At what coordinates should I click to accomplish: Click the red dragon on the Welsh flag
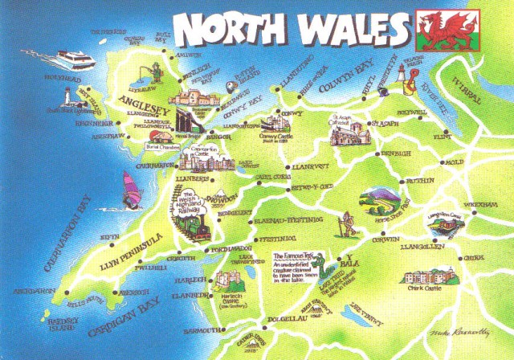(x=439, y=28)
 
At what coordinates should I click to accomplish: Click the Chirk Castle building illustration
(x=426, y=277)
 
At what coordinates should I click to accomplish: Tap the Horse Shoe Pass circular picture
(x=380, y=201)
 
